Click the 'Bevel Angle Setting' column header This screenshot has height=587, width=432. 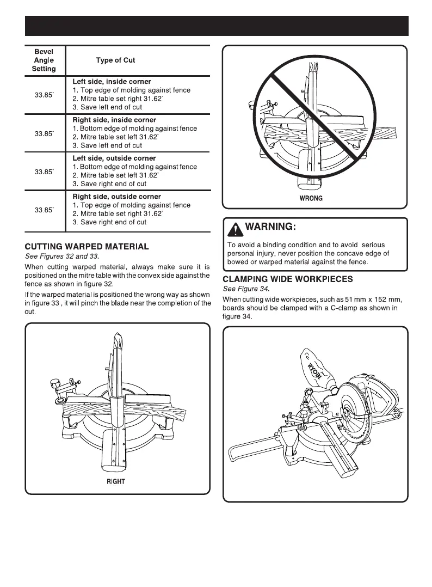tap(44, 60)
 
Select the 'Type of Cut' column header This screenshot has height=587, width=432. tap(115, 60)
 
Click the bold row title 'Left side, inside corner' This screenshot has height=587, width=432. tap(112, 82)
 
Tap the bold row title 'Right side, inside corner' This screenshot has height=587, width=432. tap(114, 120)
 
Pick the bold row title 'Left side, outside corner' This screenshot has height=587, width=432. tap(114, 158)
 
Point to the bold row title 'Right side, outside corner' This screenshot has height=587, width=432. tap(116, 197)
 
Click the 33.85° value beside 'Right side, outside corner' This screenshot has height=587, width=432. tap(44, 210)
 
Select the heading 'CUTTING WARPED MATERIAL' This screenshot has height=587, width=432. tap(87, 247)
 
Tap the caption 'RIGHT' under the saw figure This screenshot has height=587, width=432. tap(115, 481)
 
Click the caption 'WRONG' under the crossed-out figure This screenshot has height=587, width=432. tap(311, 198)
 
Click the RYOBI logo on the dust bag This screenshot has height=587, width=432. tap(316, 370)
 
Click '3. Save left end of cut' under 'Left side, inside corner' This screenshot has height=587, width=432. tap(107, 107)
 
